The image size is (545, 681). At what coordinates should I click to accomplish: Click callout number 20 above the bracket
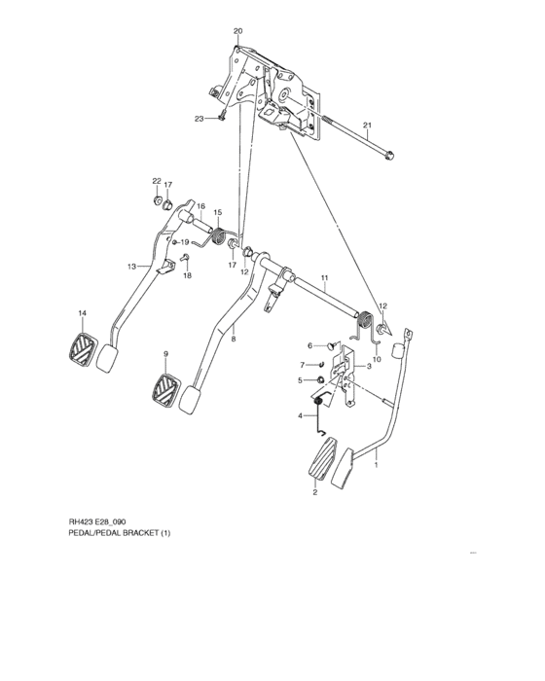coord(237,32)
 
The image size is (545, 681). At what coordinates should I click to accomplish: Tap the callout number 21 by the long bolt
coord(368,125)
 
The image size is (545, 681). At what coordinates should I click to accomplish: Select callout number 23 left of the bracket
coord(199,119)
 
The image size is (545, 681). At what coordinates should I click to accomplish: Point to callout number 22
coord(155,182)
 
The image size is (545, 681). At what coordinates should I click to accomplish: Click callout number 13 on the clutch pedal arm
coord(131,266)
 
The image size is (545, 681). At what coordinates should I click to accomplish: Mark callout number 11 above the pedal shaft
coord(324,278)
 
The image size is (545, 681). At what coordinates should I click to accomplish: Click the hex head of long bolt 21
coord(390,154)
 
